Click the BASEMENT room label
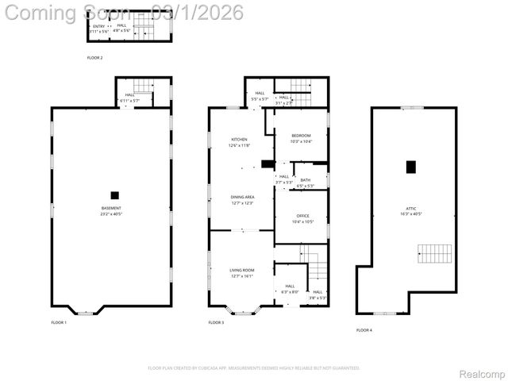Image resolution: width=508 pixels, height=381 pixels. [x=110, y=208]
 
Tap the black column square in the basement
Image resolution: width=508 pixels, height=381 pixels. [x=114, y=194]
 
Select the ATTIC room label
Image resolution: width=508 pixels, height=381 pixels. [x=411, y=208]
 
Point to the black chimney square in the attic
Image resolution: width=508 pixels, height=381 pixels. [x=410, y=167]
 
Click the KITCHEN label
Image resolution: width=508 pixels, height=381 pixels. [x=239, y=140]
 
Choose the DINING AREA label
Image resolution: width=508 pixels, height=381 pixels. [x=242, y=197]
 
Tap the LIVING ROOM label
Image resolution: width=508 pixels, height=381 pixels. [x=241, y=271]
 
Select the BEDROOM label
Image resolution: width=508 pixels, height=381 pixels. [x=301, y=135]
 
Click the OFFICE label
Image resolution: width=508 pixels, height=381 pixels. [x=302, y=216]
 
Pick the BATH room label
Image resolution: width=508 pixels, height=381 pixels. [x=305, y=180]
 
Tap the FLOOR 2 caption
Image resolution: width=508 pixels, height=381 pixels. [x=94, y=58]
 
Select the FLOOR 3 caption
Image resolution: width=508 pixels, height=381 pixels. [x=216, y=322]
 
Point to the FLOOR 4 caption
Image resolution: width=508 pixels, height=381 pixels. [x=364, y=329]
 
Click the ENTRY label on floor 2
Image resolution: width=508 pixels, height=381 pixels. [x=98, y=26]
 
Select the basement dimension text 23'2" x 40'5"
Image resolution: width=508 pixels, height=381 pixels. [x=110, y=214]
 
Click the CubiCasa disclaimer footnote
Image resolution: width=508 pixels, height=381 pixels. [x=254, y=368]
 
